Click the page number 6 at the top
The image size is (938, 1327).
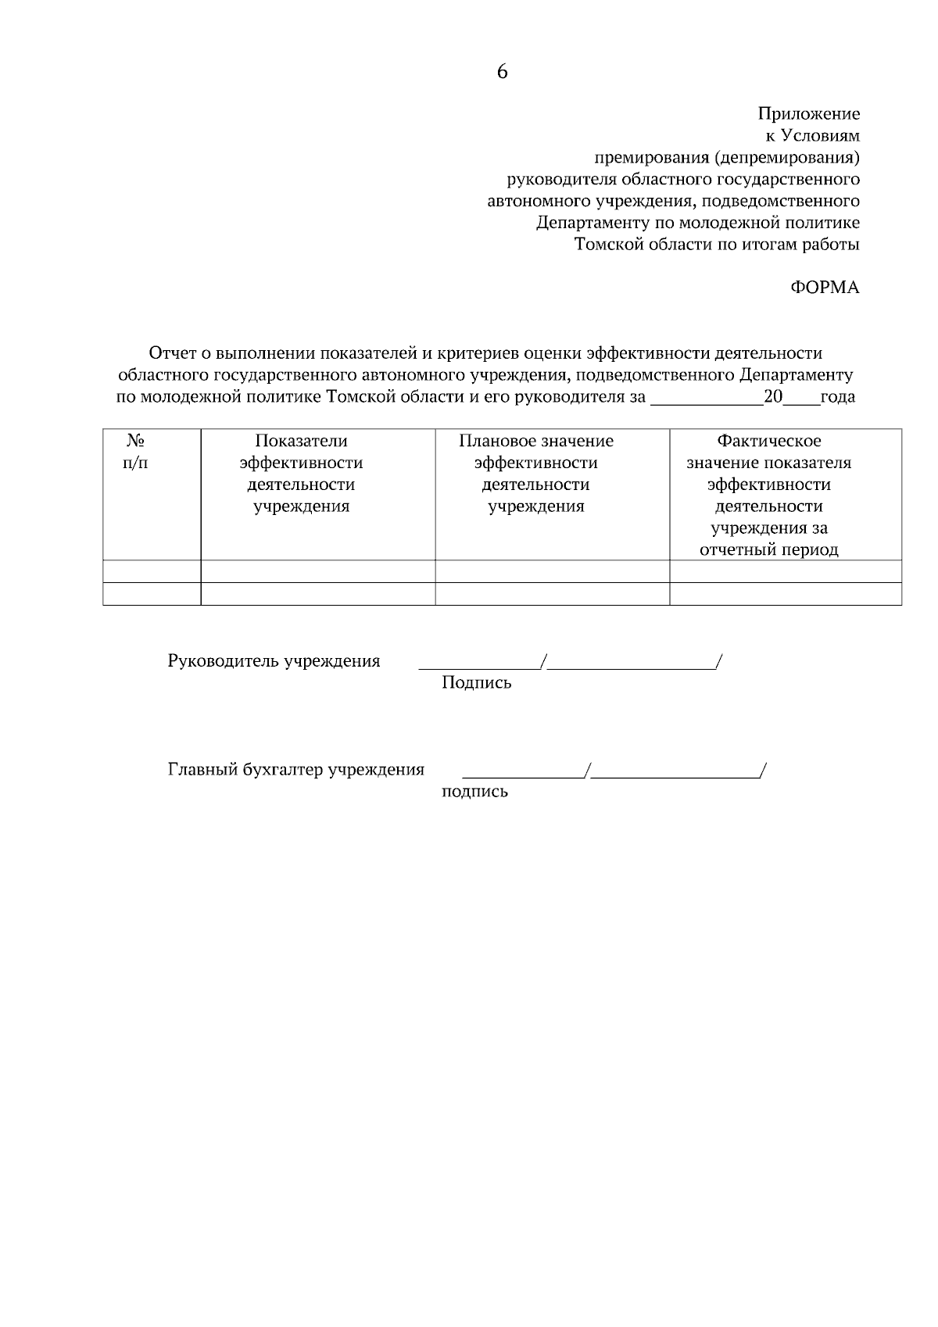point(502,72)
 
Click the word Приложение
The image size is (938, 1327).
point(808,114)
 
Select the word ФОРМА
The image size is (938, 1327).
point(825,288)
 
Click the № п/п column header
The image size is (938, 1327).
point(136,452)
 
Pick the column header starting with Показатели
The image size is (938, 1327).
point(301,474)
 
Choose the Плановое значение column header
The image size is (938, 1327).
point(535,474)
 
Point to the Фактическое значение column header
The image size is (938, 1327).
point(769,495)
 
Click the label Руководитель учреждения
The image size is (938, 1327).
point(274,661)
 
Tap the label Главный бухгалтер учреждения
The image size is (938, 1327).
point(295,770)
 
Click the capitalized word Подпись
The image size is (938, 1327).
point(476,683)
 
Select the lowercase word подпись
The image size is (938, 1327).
point(474,792)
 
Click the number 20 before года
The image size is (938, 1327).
point(773,396)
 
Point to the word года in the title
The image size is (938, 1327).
point(838,397)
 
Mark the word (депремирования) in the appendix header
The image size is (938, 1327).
point(786,158)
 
